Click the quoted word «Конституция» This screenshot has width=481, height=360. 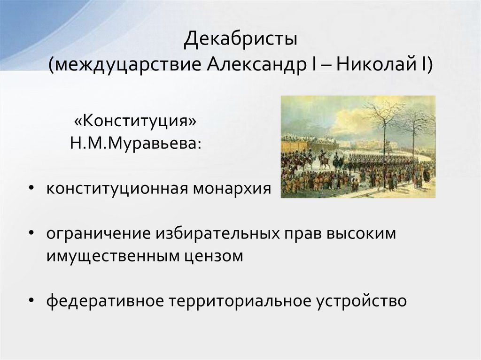[x=133, y=121]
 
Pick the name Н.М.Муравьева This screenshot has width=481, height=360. [x=133, y=142]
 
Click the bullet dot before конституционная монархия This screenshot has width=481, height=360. [x=31, y=189]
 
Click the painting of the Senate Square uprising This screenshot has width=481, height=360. [x=357, y=146]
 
